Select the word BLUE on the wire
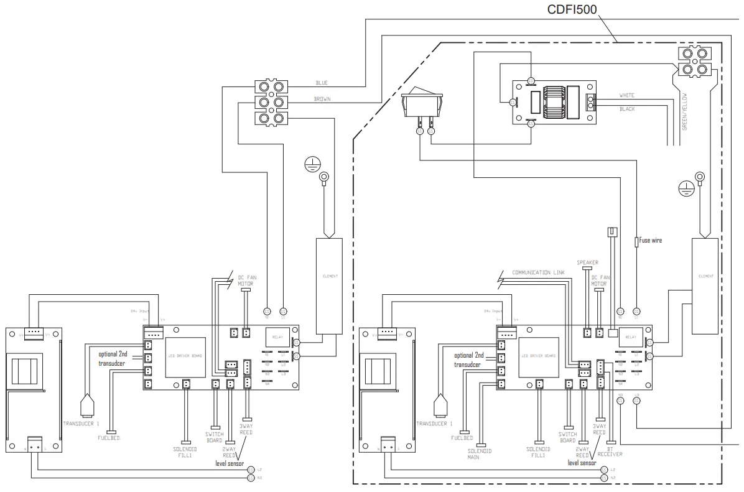[x=322, y=83]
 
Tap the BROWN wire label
[x=322, y=99]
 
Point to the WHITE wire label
[x=626, y=96]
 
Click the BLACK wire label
[x=627, y=109]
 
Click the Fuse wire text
[x=651, y=240]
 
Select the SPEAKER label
[x=587, y=262]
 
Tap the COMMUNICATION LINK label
[x=539, y=272]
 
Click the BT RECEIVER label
[x=610, y=451]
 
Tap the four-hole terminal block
[x=694, y=62]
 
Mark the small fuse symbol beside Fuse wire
[x=636, y=241]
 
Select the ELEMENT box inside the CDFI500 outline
[x=705, y=285]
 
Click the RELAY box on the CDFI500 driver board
[x=630, y=337]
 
